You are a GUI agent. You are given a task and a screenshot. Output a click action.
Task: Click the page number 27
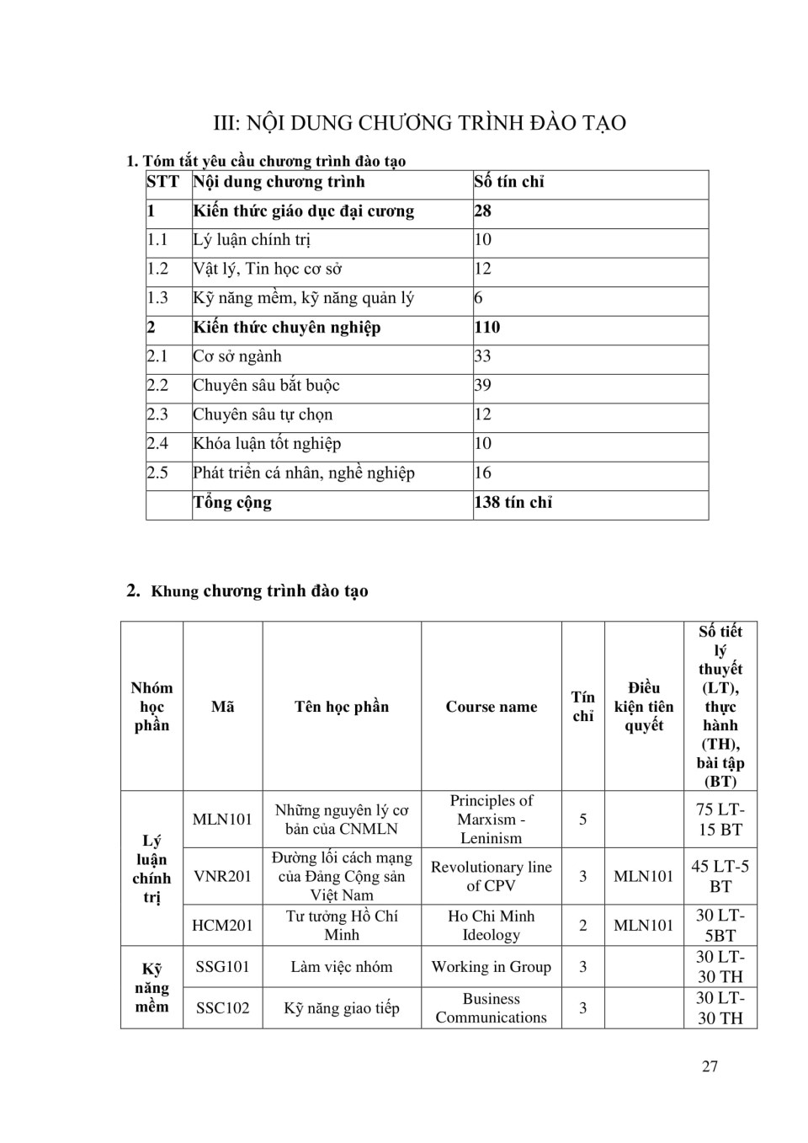coord(710,1066)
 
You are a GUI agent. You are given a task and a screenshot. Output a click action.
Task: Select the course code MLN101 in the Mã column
coord(222,819)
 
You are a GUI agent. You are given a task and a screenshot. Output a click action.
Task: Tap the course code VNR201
coord(222,876)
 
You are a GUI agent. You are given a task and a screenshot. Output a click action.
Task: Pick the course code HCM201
coord(222,925)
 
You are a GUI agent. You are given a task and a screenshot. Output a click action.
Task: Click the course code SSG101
coord(222,966)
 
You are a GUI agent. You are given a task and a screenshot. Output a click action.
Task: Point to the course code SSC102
coord(222,1007)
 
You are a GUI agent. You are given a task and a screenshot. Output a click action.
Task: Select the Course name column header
coord(491,707)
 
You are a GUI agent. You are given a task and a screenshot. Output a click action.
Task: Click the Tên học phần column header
coord(341,707)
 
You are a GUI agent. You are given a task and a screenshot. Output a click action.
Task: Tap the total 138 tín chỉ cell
coord(513,503)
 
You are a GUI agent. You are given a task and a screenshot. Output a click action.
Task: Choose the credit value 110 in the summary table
coord(487,328)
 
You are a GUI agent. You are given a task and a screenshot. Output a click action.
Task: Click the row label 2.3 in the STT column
coord(157,414)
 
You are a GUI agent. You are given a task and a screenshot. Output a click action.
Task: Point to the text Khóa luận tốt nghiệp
coord(267,444)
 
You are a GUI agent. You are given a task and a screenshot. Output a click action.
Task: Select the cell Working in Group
coord(491,966)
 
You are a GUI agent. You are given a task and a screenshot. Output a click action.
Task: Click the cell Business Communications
coord(491,1007)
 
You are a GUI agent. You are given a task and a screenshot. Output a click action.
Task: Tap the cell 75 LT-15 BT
coord(720,819)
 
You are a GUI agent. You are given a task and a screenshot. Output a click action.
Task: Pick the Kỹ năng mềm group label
coord(151,987)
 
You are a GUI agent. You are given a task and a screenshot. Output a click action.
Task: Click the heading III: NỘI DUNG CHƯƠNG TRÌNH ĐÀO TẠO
coord(419,123)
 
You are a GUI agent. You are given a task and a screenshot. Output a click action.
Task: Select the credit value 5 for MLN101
coord(582,819)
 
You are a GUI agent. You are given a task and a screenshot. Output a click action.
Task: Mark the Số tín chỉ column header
coord(509,182)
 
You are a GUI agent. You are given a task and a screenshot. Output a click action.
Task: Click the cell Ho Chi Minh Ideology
coord(491,925)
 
